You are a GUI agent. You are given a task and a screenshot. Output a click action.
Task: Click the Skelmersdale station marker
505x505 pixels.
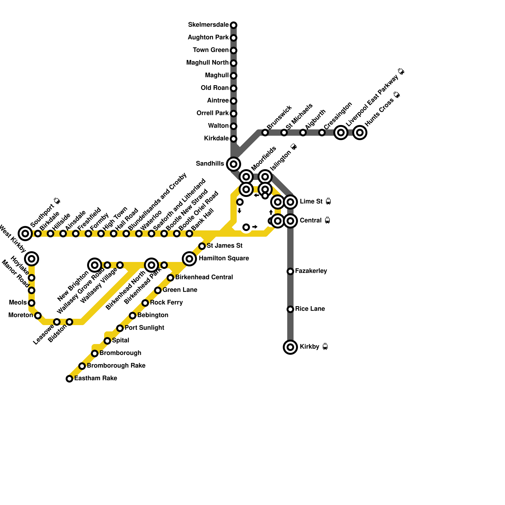234,25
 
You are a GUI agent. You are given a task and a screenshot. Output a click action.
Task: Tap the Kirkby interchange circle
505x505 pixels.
290,347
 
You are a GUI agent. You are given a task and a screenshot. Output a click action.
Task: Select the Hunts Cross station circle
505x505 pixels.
360,133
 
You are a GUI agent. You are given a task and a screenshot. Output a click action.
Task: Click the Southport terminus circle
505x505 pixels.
25,234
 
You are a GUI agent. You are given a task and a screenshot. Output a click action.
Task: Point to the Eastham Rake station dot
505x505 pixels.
69,379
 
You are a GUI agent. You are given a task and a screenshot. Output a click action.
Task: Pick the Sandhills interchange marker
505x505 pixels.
234,164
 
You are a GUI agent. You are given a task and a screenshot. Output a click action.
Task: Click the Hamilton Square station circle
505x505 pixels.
189,259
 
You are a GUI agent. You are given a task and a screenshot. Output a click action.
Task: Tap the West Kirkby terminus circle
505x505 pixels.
32,259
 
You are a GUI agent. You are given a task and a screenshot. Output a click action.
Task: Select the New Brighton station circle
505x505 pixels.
95,265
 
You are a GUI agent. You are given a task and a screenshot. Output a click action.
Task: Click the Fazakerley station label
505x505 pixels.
311,271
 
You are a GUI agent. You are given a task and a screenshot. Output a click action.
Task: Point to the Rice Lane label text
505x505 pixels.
310,309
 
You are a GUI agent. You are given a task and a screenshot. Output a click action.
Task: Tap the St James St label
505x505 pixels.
224,246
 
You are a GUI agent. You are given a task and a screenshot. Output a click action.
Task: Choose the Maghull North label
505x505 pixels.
207,63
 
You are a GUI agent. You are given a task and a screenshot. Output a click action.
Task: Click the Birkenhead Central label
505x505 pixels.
204,277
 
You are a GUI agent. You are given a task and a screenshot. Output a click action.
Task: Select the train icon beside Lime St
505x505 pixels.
328,201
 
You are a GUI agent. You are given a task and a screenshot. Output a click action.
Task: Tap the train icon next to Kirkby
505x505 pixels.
325,347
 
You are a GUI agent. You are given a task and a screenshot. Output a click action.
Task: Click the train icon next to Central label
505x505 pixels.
327,220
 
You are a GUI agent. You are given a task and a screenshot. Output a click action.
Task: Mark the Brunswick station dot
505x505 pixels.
265,133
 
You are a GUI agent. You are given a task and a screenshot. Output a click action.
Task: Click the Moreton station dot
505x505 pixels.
38,316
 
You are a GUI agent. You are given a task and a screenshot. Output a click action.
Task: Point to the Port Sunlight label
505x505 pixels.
144,328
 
